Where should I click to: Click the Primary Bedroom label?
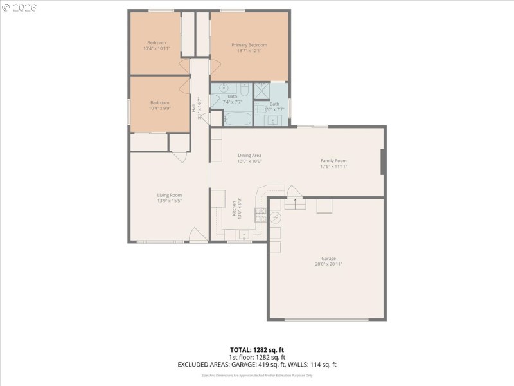coord(249,45)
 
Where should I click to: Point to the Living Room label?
coord(170,195)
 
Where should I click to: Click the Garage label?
coord(328,259)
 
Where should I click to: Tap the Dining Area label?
coord(249,155)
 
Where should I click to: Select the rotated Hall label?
coord(193,109)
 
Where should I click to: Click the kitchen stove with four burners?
coord(261,215)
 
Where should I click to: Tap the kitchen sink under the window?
coord(244,235)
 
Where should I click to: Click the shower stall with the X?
coord(262,90)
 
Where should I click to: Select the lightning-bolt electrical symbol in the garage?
coord(275,217)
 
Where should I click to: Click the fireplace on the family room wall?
coord(383,161)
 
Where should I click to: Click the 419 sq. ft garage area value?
coord(270,365)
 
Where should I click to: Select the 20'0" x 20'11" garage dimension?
coord(328,264)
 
